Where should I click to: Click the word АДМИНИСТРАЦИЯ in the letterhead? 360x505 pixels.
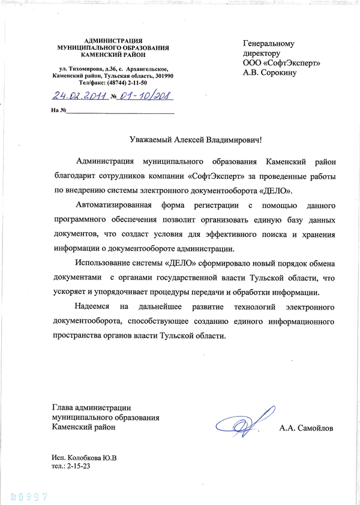click(x=113, y=40)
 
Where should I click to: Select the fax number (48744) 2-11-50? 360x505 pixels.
click(x=127, y=83)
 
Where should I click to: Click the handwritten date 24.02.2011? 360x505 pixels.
click(x=79, y=95)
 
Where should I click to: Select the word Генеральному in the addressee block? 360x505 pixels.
click(x=269, y=44)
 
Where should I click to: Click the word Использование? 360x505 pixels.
click(x=106, y=264)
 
